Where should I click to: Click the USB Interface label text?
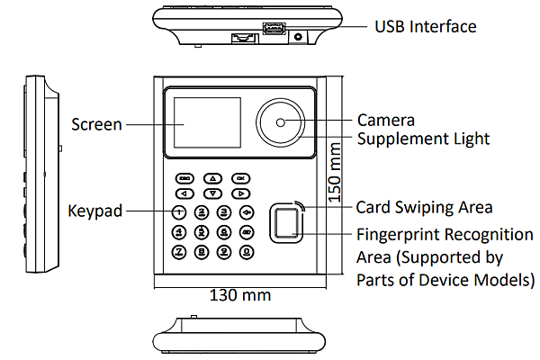[425, 26]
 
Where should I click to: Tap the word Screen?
[96, 124]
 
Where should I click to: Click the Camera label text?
[385, 120]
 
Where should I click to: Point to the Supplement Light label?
[423, 139]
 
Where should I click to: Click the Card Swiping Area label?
[424, 207]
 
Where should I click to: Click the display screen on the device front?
[206, 122]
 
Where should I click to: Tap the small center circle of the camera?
[281, 122]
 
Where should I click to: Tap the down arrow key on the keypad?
[211, 193]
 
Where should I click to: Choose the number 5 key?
[202, 231]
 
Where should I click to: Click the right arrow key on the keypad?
[240, 193]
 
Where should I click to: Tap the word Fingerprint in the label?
[400, 235]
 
